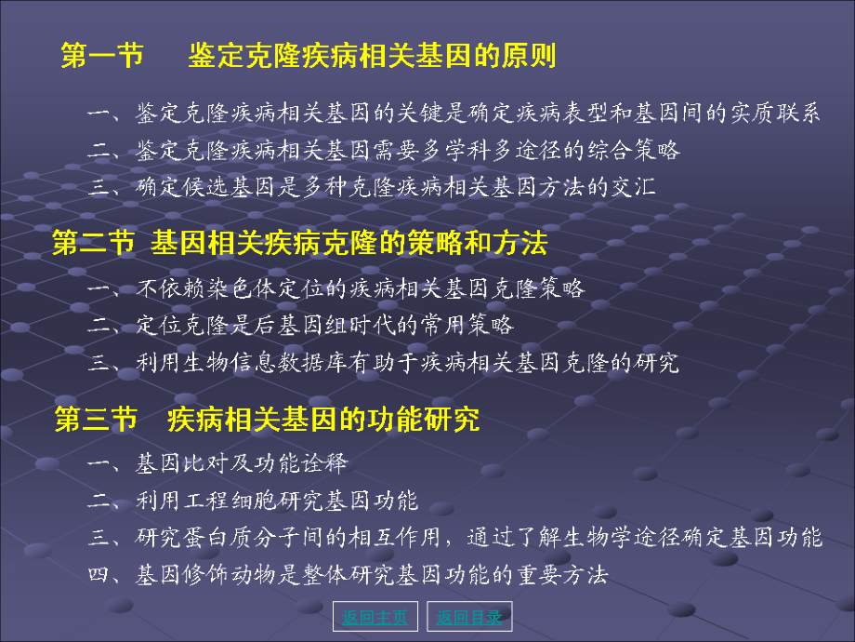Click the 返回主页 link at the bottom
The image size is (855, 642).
click(x=375, y=617)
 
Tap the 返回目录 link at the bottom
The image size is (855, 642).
click(x=469, y=617)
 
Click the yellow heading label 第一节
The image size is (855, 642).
click(x=102, y=57)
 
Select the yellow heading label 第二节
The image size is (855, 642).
click(x=93, y=245)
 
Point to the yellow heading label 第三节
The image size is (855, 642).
click(x=96, y=420)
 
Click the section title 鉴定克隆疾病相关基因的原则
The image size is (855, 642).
click(x=372, y=57)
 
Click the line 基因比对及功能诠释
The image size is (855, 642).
click(x=242, y=463)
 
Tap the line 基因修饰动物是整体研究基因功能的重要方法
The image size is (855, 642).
click(x=372, y=575)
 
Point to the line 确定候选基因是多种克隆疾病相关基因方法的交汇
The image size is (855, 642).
click(x=396, y=186)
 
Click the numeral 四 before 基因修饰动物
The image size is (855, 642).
click(x=99, y=575)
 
